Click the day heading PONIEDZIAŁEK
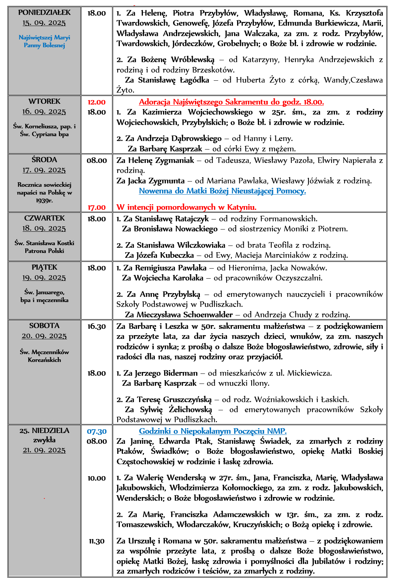pyautogui.click(x=44, y=13)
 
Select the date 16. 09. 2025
pyautogui.click(x=44, y=112)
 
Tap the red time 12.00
pyautogui.click(x=96, y=102)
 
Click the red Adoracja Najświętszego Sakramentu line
pyautogui.click(x=231, y=102)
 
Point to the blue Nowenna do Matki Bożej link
pyautogui.click(x=222, y=191)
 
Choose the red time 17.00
pyautogui.click(x=96, y=208)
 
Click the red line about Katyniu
pyautogui.click(x=186, y=208)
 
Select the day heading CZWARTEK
pyautogui.click(x=44, y=218)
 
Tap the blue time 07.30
pyautogui.click(x=96, y=432)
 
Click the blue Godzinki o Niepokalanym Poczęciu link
pyautogui.click(x=213, y=432)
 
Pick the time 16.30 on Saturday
pyautogui.click(x=96, y=327)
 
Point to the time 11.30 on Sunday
pyautogui.click(x=96, y=541)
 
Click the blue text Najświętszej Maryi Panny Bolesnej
pyautogui.click(x=44, y=41)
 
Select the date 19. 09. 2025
pyautogui.click(x=44, y=278)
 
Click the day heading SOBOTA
pyautogui.click(x=44, y=326)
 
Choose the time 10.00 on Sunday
pyautogui.click(x=96, y=478)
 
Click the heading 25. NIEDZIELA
pyautogui.click(x=44, y=431)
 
